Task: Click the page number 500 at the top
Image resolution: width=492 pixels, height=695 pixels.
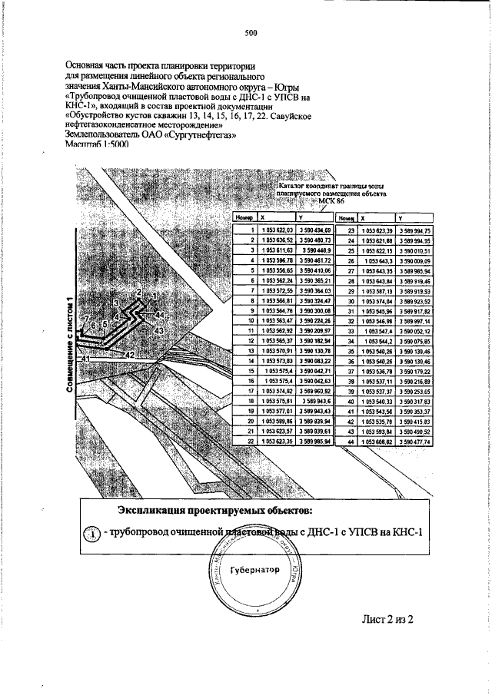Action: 250,32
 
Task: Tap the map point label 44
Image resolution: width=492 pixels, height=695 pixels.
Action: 159,316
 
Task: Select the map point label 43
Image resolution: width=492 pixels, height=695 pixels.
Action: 160,329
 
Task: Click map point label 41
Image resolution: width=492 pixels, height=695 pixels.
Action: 86,359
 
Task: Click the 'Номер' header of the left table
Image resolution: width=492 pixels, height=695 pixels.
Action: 243,218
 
